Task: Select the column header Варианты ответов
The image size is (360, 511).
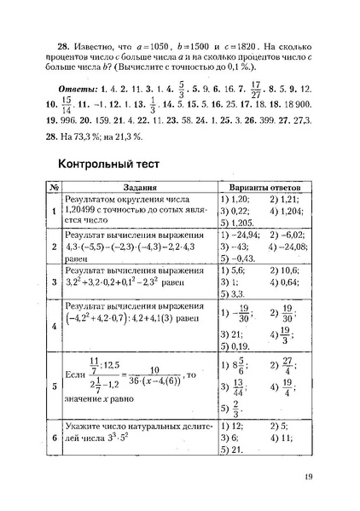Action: click(x=267, y=188)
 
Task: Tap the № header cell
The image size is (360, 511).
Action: click(x=53, y=188)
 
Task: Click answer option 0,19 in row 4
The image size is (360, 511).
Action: click(x=241, y=347)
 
